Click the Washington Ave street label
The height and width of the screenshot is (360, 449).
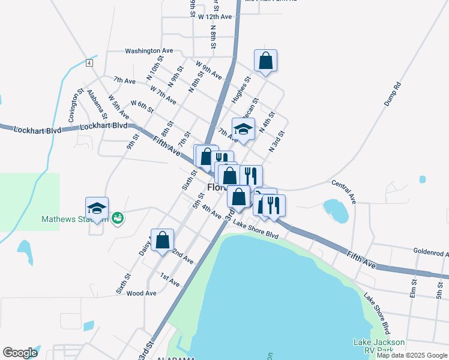point(149,52)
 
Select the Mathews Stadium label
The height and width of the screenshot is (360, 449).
point(66,220)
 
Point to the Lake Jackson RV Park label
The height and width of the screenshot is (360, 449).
point(378,347)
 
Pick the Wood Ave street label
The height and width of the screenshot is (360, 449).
point(141,293)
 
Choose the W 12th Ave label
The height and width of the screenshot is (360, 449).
point(214,17)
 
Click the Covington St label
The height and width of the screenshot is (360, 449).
point(75,107)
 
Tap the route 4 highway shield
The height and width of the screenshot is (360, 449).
point(89,63)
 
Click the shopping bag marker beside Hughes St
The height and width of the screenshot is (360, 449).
point(265,61)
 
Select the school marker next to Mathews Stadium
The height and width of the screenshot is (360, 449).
point(97,208)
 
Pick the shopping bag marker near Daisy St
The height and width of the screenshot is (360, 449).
point(162,240)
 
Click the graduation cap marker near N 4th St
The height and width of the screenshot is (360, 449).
point(243,129)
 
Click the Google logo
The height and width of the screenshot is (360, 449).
point(20,353)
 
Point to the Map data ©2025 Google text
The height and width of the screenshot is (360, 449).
point(412,355)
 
